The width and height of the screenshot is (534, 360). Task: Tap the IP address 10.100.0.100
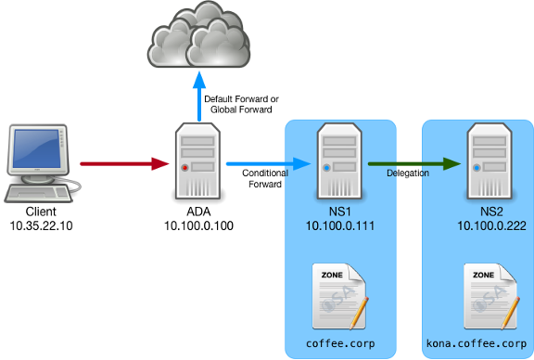pyautogui.click(x=196, y=225)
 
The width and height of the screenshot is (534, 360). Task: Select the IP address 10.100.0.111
pyautogui.click(x=339, y=225)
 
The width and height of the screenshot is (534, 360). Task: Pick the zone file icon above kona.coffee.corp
pyautogui.click(x=483, y=295)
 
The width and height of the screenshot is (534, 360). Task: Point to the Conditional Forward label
pyautogui.click(x=264, y=179)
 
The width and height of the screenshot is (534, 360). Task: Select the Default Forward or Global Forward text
pyautogui.click(x=241, y=105)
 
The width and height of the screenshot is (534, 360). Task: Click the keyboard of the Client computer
pyautogui.click(x=32, y=194)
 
